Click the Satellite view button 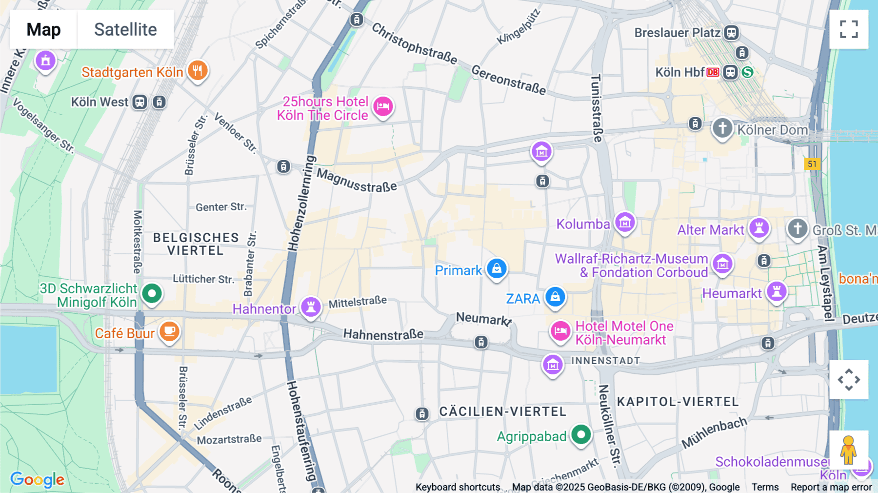[125, 29]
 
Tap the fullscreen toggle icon [849, 29]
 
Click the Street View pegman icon [848, 450]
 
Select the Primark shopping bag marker [497, 268]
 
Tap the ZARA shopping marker [555, 296]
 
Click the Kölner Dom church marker [722, 129]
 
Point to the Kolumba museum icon [625, 223]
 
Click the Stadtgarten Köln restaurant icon [198, 71]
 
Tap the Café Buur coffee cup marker [169, 331]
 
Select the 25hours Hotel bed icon [383, 106]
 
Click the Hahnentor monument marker [311, 307]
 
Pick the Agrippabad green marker [581, 434]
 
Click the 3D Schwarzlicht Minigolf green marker [152, 293]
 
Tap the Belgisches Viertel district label [196, 244]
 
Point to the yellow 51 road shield [812, 164]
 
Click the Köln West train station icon [140, 102]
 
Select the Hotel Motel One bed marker [560, 331]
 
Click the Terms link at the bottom [765, 487]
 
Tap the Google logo [37, 479]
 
